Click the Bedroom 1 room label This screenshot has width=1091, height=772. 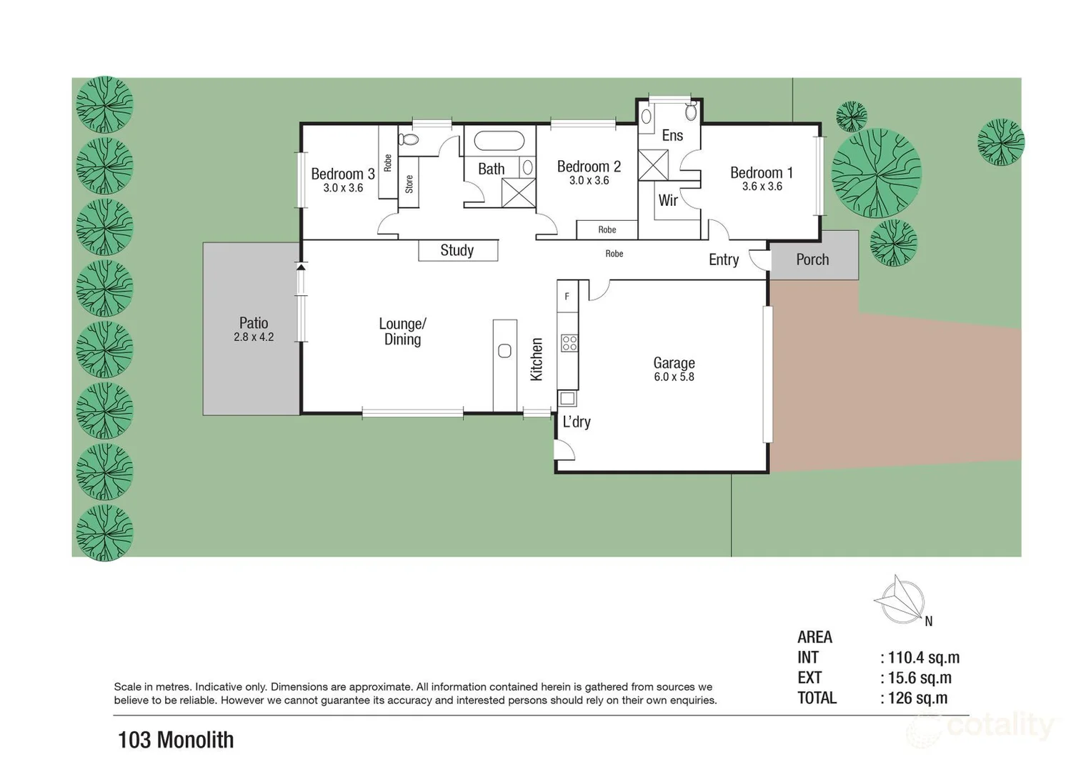[761, 173]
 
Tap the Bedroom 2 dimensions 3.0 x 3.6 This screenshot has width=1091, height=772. [589, 181]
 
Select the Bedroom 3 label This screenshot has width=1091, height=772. [342, 174]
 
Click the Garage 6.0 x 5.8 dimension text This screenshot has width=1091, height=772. [674, 377]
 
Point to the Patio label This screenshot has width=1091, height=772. [254, 323]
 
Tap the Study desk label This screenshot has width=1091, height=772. [457, 250]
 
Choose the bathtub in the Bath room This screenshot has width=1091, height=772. [499, 141]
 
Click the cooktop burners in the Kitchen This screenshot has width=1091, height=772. [569, 343]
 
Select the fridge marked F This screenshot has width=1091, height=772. [567, 296]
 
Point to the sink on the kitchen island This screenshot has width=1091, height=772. [504, 351]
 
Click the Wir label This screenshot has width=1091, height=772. [668, 201]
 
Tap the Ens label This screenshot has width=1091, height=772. [672, 136]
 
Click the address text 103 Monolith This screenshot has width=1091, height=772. [176, 740]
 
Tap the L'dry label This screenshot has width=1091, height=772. [576, 422]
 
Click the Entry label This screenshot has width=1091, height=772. [723, 259]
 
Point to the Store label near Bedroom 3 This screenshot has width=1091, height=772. [409, 184]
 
